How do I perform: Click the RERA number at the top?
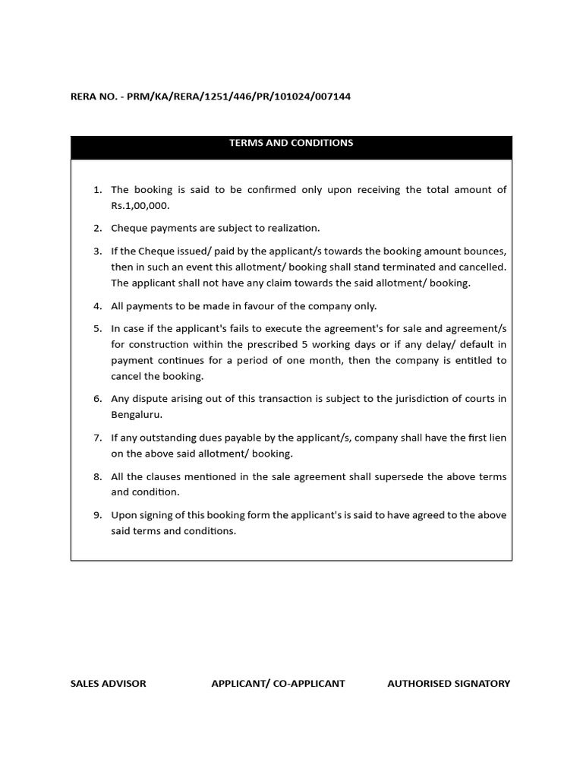210,96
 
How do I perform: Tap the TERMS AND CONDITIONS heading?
291,143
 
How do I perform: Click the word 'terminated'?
402,267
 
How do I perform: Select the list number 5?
97,329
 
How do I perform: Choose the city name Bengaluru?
136,415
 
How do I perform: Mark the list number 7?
97,438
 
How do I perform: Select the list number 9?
97,515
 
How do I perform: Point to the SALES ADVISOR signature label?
108,683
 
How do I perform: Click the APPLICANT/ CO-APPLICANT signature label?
278,683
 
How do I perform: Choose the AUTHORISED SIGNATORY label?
449,683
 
